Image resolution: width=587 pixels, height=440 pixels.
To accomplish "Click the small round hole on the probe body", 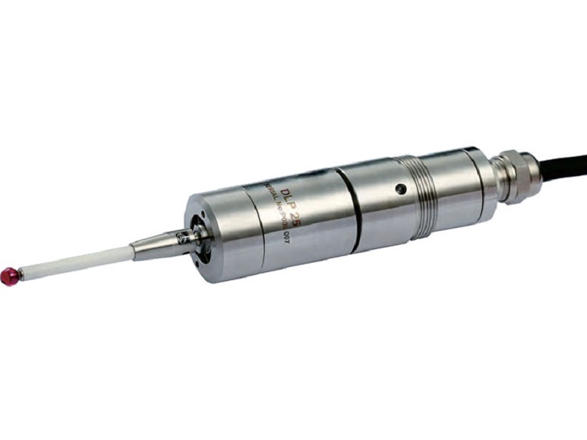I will (x=399, y=190).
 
